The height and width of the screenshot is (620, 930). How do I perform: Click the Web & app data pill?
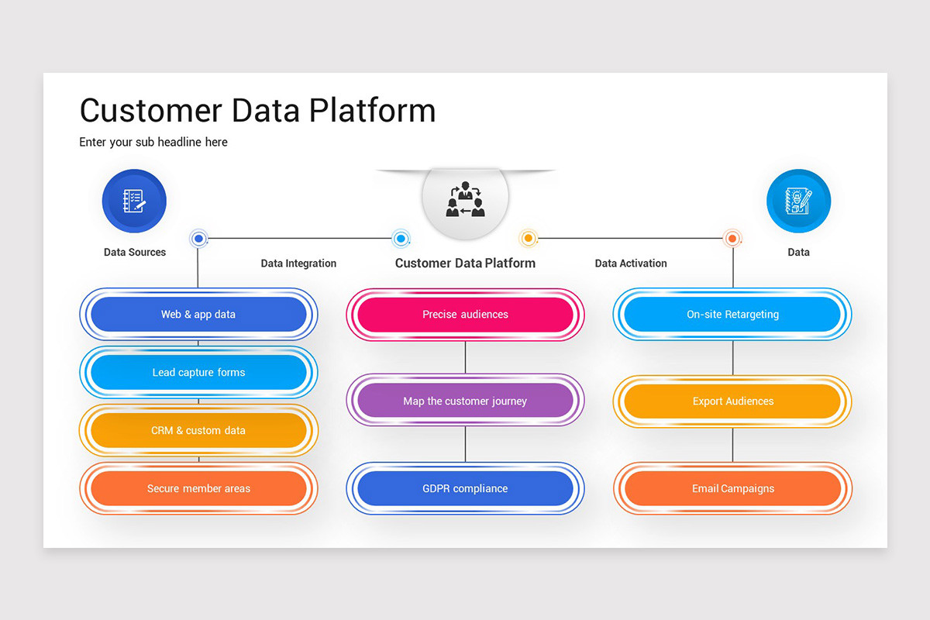pyautogui.click(x=198, y=315)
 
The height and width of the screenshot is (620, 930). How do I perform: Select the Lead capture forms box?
pyautogui.click(x=198, y=373)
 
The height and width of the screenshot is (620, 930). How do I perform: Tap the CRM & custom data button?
pyautogui.click(x=198, y=431)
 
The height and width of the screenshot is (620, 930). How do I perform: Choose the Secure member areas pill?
pyautogui.click(x=198, y=489)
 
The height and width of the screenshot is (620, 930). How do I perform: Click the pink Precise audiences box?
pyautogui.click(x=465, y=315)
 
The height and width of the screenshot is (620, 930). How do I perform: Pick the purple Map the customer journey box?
pyautogui.click(x=465, y=401)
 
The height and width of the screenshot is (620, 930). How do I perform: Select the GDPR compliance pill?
pyautogui.click(x=465, y=489)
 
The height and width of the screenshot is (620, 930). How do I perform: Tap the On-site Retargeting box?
pyautogui.click(x=732, y=315)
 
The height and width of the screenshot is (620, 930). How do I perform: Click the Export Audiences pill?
pyautogui.click(x=732, y=401)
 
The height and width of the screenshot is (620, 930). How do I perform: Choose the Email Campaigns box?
pyautogui.click(x=732, y=489)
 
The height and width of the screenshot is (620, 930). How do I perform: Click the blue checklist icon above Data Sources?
pyautogui.click(x=134, y=201)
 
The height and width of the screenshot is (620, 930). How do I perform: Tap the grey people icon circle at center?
pyautogui.click(x=465, y=199)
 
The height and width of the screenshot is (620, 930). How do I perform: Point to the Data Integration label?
pyautogui.click(x=298, y=263)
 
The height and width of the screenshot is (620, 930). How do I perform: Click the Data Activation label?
pyautogui.click(x=631, y=263)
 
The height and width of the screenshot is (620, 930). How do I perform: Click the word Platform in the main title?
pyautogui.click(x=372, y=111)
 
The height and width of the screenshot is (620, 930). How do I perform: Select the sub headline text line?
pyautogui.click(x=153, y=143)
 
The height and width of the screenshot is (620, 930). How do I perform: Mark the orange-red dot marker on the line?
pyautogui.click(x=732, y=238)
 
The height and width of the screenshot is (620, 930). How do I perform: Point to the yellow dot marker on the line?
pyautogui.click(x=528, y=238)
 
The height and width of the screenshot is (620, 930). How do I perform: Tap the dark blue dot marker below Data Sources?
pyautogui.click(x=198, y=238)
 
